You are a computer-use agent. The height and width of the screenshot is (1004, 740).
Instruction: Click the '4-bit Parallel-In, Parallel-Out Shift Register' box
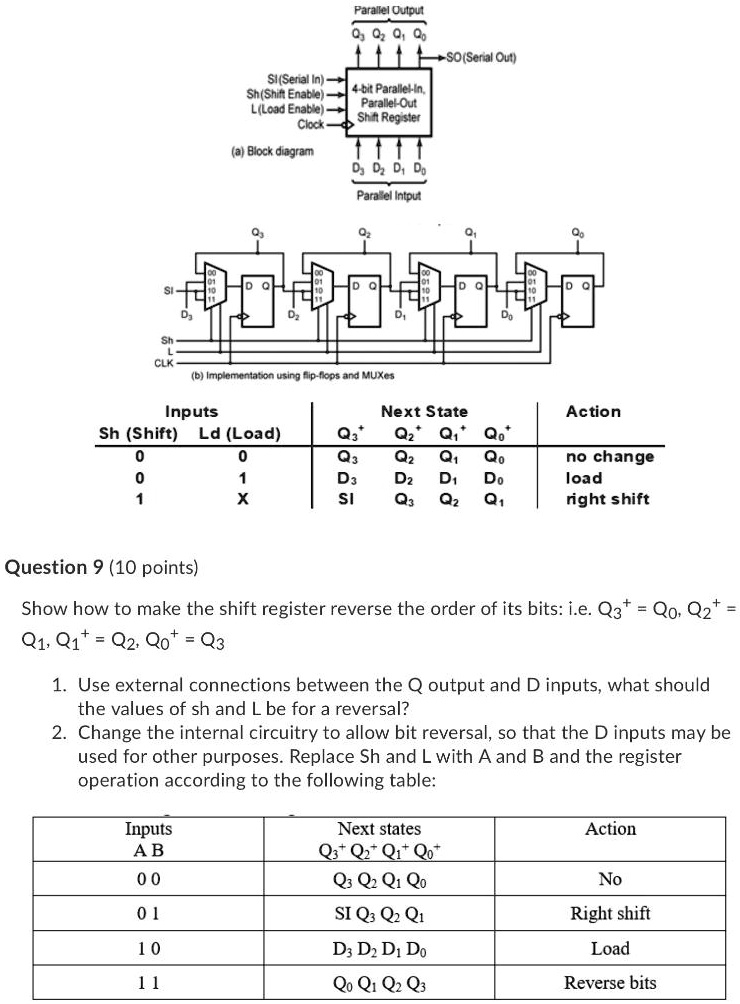click(389, 101)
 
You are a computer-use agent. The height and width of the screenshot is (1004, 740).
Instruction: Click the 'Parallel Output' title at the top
click(388, 10)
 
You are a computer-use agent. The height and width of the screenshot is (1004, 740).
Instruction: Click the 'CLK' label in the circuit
click(166, 362)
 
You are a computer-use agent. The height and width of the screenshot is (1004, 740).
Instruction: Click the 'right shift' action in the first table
click(607, 498)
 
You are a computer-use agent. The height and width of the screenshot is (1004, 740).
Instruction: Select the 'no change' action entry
click(610, 456)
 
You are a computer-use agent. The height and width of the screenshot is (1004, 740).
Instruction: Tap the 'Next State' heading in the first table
click(424, 411)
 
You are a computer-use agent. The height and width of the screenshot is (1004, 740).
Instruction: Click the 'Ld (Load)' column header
click(240, 433)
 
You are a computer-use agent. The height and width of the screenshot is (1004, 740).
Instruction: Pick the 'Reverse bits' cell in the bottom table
click(610, 982)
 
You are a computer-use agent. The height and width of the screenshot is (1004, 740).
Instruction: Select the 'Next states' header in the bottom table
click(379, 829)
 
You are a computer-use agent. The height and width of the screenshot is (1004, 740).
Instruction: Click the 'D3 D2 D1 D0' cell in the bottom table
click(379, 948)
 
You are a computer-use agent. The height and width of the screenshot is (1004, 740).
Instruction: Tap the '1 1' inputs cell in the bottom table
click(148, 982)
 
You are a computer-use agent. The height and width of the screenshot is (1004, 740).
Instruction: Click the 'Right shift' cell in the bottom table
click(610, 913)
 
